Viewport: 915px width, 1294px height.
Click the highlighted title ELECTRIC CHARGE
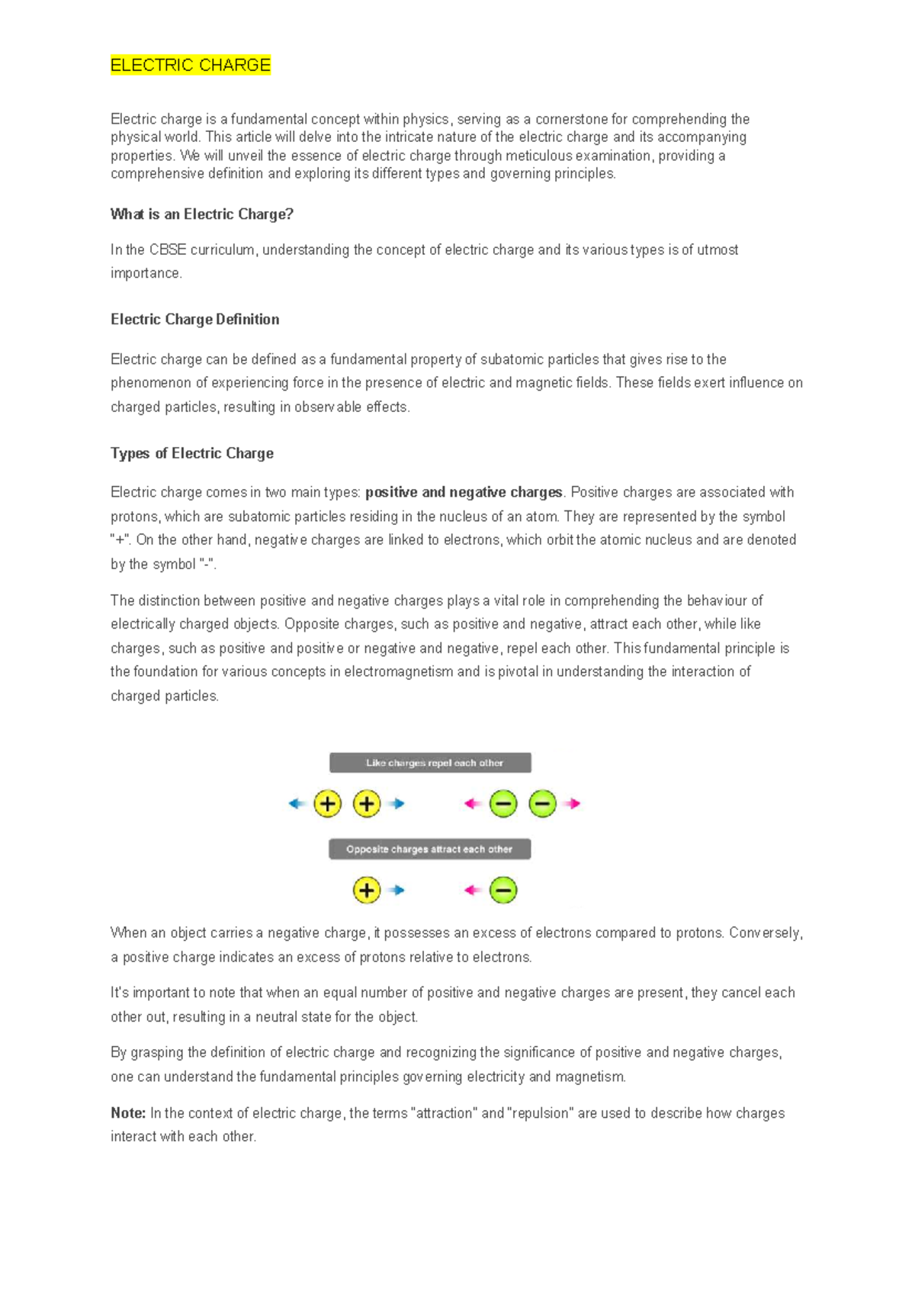[x=191, y=66]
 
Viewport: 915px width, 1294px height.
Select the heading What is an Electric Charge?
[x=202, y=214]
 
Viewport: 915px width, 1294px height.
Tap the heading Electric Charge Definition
[x=195, y=320]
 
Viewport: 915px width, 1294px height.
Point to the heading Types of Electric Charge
[x=192, y=453]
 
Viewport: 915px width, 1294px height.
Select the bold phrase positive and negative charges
[x=464, y=493]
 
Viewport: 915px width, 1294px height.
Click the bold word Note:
[x=128, y=1113]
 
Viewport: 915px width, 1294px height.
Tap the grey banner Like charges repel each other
[x=430, y=763]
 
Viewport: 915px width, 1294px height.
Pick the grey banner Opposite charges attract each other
[x=429, y=849]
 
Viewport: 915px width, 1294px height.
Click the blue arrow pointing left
[x=297, y=803]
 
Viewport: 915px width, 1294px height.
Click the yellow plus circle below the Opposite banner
[x=367, y=890]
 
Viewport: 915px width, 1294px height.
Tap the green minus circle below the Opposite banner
[x=503, y=890]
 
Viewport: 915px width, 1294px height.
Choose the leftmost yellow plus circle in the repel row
[x=328, y=803]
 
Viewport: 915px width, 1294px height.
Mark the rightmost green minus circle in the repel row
[x=542, y=803]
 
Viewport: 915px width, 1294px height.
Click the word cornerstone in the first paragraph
[x=568, y=120]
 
